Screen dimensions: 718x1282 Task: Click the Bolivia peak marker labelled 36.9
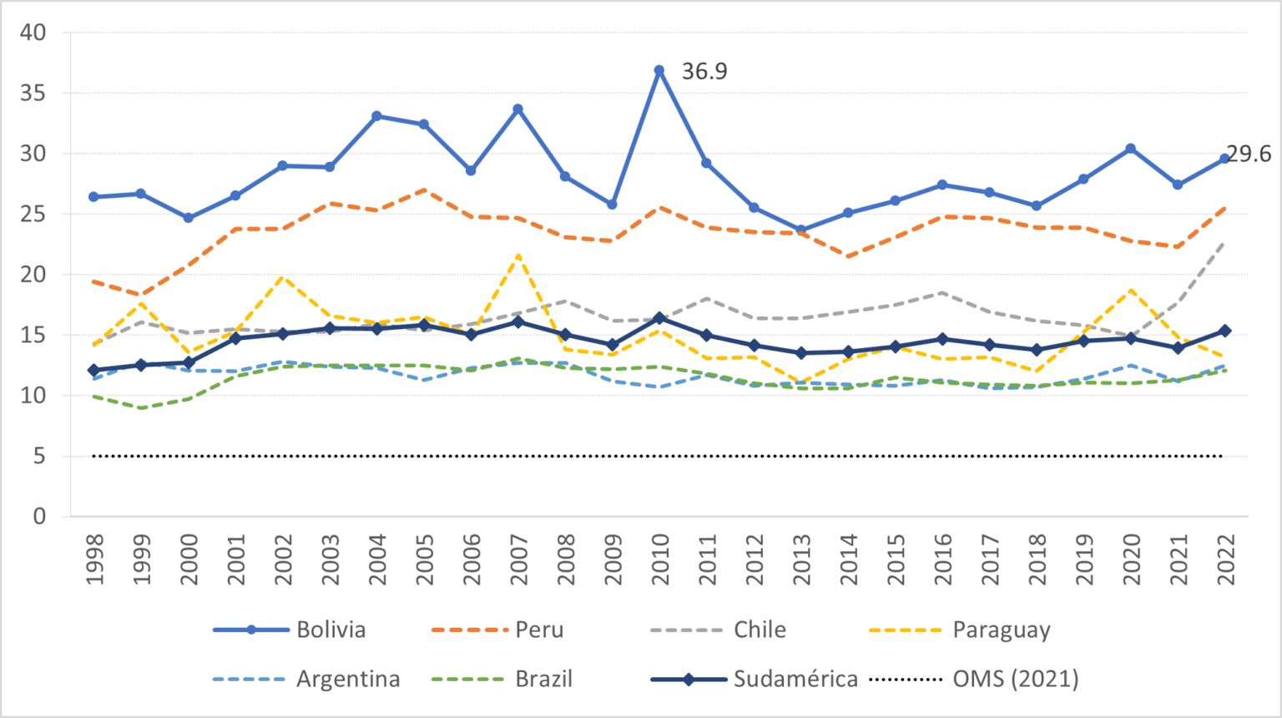(659, 71)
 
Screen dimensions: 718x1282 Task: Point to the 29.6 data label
(1249, 154)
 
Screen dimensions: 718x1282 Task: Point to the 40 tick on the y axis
(33, 33)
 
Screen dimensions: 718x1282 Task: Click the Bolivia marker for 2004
(376, 116)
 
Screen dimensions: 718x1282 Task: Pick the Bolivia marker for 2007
(518, 109)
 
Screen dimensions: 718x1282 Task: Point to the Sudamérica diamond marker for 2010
(659, 318)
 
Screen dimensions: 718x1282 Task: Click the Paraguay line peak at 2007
(518, 256)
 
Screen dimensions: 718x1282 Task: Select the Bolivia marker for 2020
(1131, 149)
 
